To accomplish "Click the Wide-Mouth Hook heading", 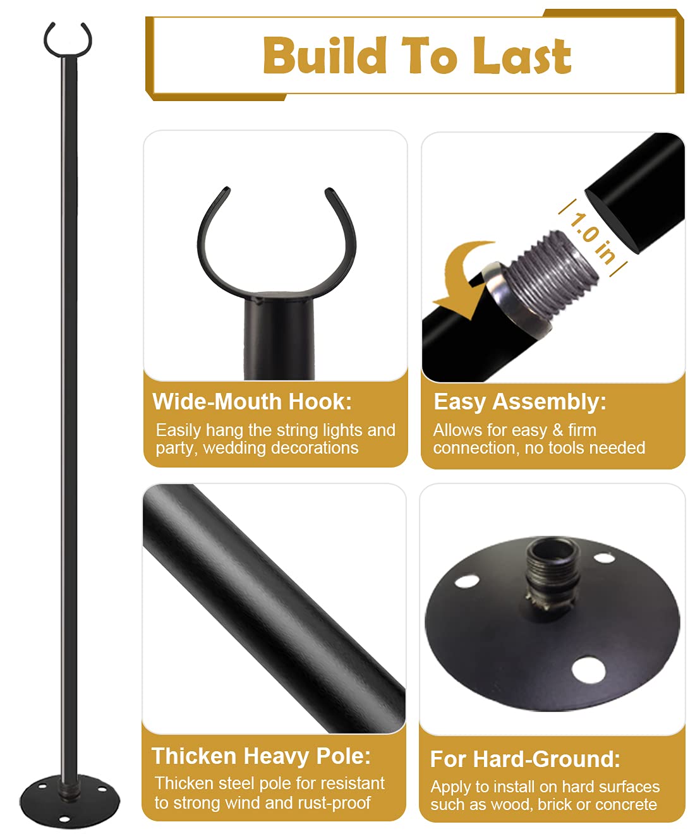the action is [x=252, y=401].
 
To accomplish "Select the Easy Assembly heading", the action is [x=519, y=402].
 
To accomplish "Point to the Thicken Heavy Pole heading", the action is [x=261, y=756].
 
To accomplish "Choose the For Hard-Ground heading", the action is [x=525, y=759].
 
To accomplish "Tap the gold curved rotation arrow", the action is [x=464, y=279].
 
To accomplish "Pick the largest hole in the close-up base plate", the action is [x=588, y=670].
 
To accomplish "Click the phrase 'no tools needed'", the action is [x=585, y=448].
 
